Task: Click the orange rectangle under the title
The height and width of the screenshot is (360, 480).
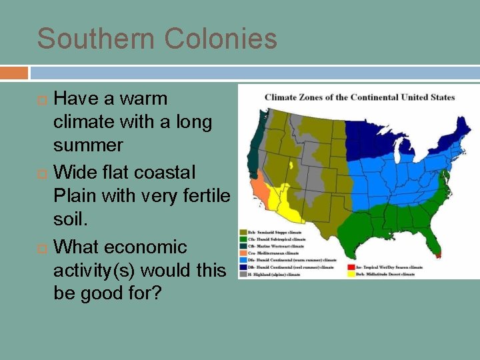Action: pyautogui.click(x=14, y=72)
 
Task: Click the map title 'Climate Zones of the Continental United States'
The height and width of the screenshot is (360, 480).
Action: pyautogui.click(x=359, y=98)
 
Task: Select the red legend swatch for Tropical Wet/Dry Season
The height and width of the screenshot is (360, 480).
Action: pyautogui.click(x=351, y=267)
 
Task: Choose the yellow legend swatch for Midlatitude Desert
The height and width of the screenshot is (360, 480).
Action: pyautogui.click(x=351, y=274)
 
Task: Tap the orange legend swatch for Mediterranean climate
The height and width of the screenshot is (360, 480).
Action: pyautogui.click(x=244, y=253)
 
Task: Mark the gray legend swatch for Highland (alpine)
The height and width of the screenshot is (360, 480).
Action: pyautogui.click(x=244, y=274)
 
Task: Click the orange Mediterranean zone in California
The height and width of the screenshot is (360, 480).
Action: pyautogui.click(x=261, y=193)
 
